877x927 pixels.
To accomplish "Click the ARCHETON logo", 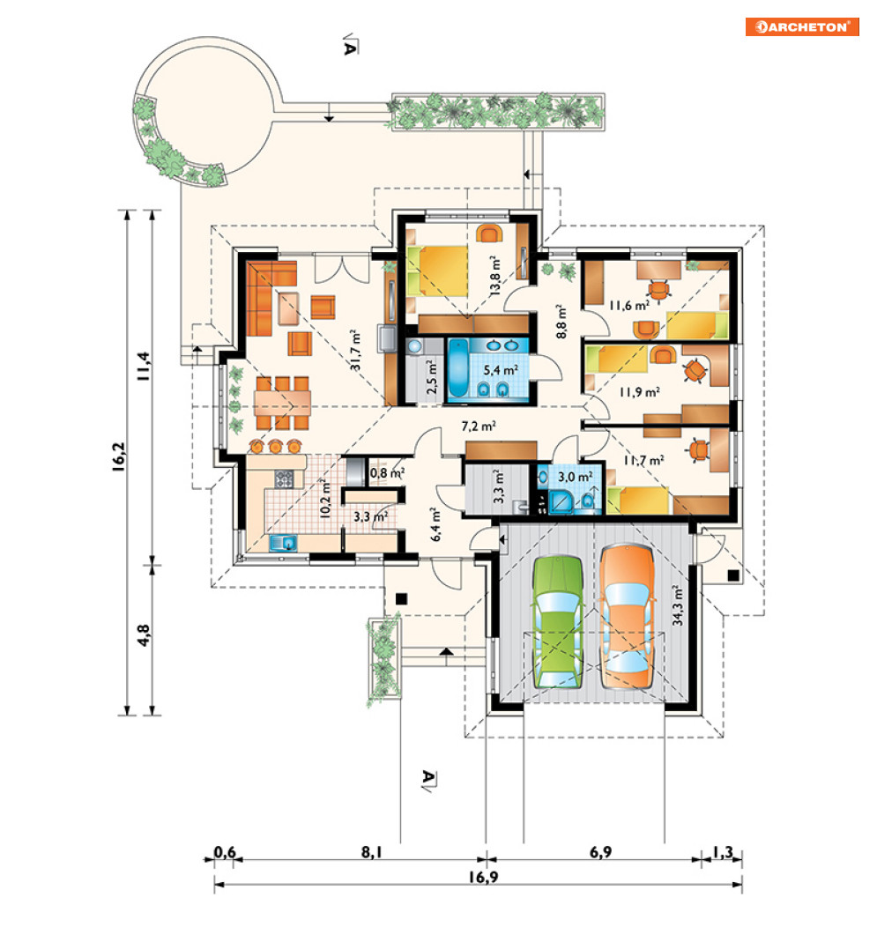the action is pos(801,27).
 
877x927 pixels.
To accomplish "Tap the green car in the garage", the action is pos(557,622).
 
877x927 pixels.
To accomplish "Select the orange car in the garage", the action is pos(627,617).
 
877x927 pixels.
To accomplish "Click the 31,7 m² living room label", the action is pos(355,350).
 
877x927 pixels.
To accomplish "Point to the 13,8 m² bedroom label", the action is pos(495,276).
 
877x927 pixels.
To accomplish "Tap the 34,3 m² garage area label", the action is pos(677,605).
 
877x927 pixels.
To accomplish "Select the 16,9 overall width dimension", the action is pos(483,877).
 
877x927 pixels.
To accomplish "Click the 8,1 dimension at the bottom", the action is pos(371,852).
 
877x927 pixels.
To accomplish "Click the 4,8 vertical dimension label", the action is pos(143,635).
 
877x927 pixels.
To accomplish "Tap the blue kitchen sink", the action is pos(283,543).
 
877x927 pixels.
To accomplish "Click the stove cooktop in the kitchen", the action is pos(284,478).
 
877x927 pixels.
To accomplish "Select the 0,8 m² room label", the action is pos(387,473).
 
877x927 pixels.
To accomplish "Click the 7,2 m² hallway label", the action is pos(479,426).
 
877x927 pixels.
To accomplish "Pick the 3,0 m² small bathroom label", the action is pos(576,477).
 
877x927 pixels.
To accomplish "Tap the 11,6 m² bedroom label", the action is pos(629,306).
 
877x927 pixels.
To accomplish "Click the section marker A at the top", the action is pos(350,46).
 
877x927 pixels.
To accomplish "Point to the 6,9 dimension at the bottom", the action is pos(600,852).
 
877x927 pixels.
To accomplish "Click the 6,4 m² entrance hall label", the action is pos(435,524).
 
